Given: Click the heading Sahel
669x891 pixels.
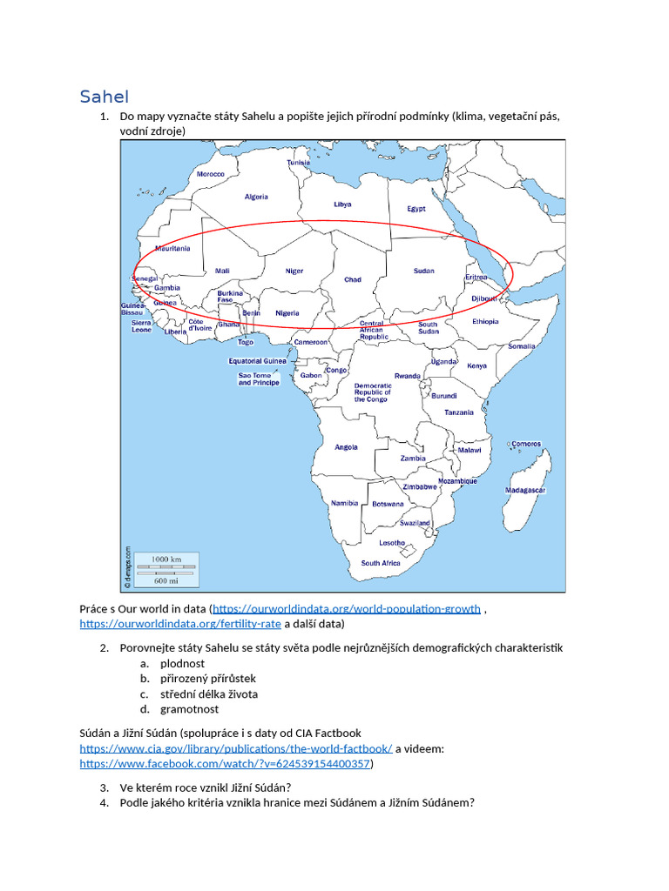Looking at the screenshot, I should (104, 96).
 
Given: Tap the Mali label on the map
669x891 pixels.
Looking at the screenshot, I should (222, 271).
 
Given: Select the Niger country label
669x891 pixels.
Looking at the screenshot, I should (294, 271).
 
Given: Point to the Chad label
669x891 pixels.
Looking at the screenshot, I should (353, 279).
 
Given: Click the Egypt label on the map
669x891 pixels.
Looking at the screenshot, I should (416, 209).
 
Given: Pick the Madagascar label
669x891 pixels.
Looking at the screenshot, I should (525, 490).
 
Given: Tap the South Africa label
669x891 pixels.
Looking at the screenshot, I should (381, 563).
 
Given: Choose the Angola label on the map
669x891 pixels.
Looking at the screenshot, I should (346, 447).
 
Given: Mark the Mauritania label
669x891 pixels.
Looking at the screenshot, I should (172, 248).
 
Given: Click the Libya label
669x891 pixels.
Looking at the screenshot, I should (342, 204).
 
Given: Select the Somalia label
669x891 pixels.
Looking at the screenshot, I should (522, 345).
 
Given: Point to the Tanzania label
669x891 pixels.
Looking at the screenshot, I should (459, 412).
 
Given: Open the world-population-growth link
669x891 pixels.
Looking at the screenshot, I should (347, 609).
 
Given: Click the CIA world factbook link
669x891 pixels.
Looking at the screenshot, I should (236, 748).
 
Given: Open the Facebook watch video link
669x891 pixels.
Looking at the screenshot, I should (226, 763).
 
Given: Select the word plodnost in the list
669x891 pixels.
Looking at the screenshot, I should (183, 663).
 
